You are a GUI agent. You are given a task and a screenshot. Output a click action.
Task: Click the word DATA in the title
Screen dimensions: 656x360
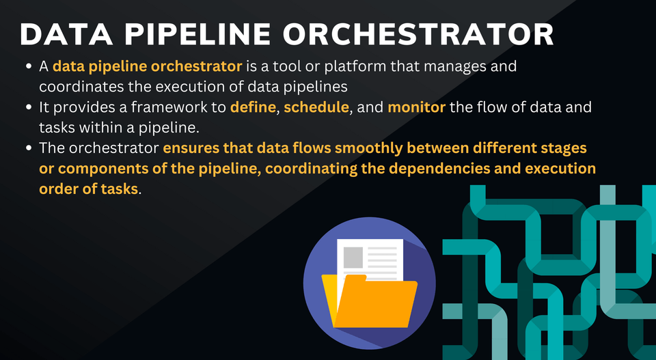(x=66, y=34)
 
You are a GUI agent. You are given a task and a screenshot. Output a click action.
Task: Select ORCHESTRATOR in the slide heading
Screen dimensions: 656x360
(x=418, y=34)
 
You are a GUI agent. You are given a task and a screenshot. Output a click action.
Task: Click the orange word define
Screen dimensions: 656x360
(x=253, y=107)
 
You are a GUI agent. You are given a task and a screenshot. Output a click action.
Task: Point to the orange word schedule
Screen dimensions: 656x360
(x=316, y=107)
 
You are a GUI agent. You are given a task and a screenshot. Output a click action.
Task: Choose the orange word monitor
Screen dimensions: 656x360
(x=416, y=107)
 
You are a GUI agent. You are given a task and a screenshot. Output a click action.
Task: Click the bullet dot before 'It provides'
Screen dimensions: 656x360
(x=29, y=107)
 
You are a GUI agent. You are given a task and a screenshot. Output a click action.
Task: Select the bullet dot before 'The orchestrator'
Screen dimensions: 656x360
(x=29, y=148)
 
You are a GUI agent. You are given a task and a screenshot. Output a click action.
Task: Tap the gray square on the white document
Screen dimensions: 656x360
(x=353, y=257)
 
